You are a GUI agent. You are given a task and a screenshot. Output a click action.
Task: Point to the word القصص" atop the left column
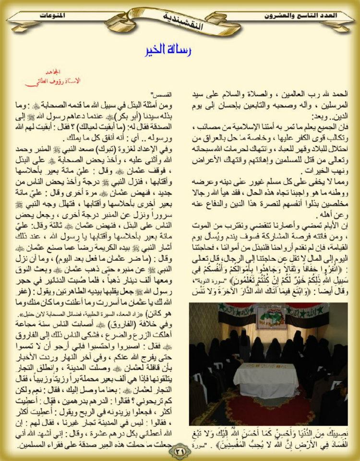(x=154, y=93)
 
